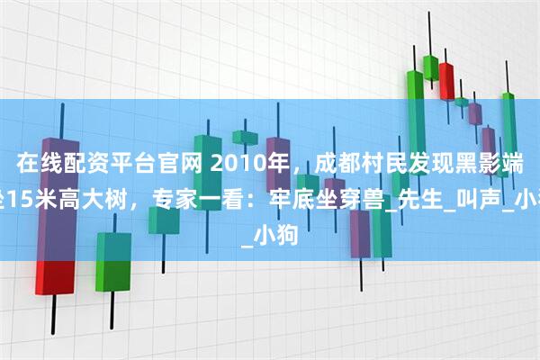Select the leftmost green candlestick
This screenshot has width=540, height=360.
coord(112,261)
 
